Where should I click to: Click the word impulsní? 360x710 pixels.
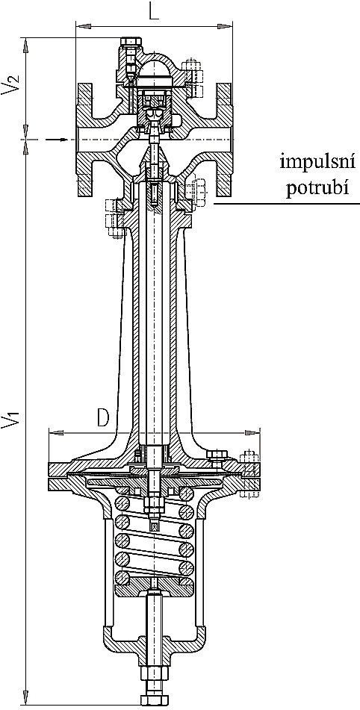[317, 162]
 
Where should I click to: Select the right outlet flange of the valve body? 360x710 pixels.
[225, 140]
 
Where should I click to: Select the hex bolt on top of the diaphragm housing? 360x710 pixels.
[217, 455]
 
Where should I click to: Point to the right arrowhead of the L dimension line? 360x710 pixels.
[226, 27]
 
